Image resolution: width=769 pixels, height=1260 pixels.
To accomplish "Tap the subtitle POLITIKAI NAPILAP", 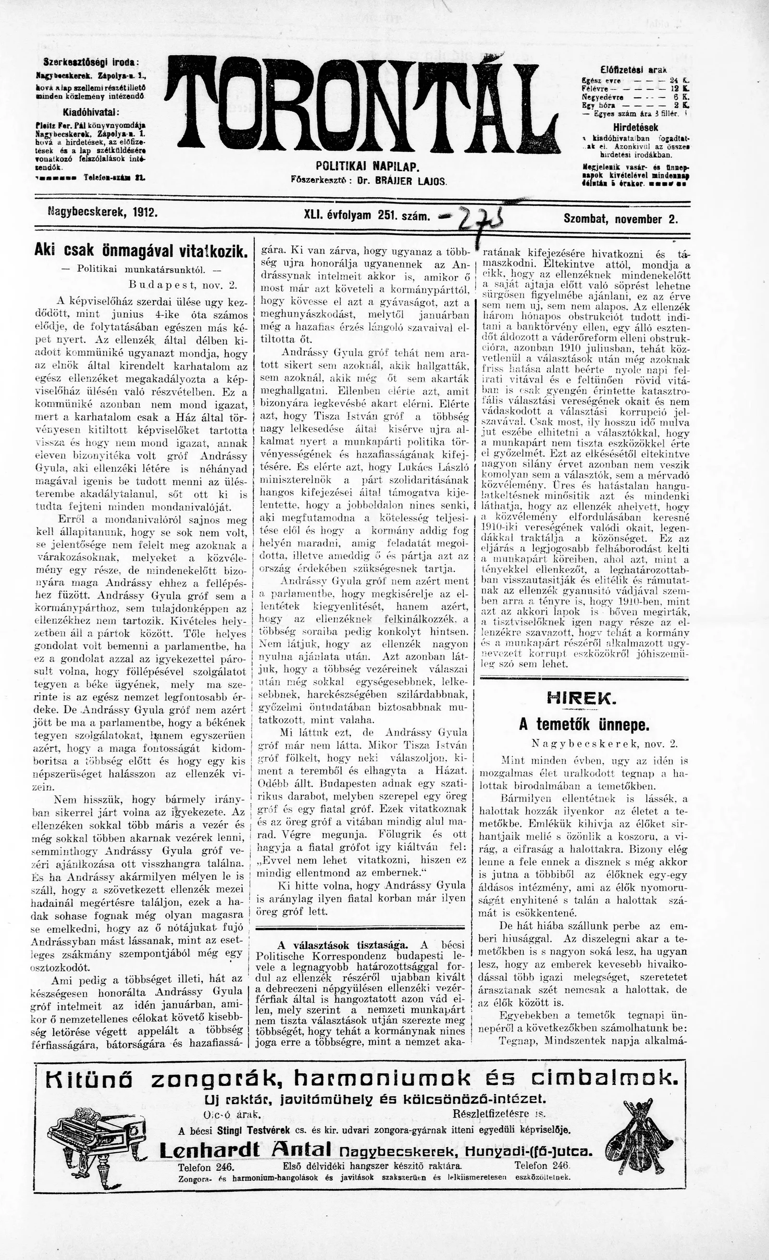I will [367, 167].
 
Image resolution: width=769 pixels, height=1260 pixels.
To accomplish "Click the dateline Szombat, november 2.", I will [620, 219].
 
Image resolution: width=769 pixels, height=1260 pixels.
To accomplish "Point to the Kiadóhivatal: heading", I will [91, 112].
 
